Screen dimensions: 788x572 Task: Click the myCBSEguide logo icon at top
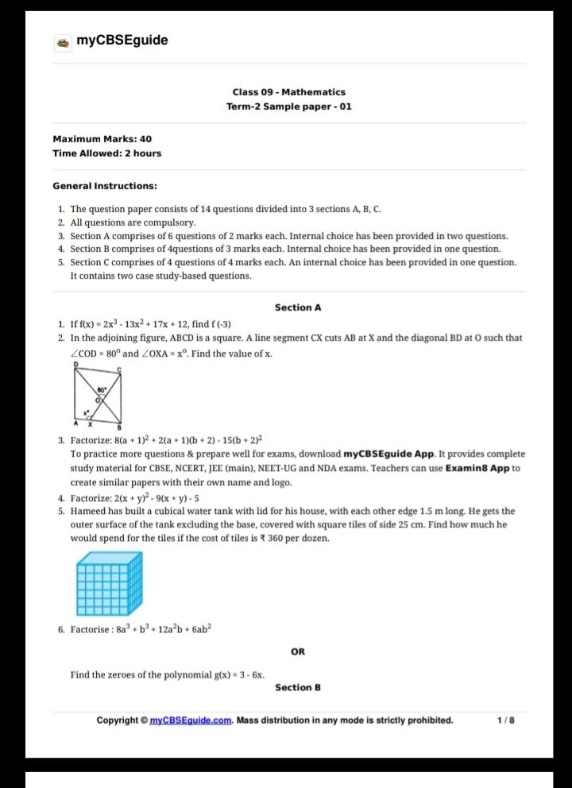point(62,41)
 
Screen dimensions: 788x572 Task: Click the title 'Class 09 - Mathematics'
point(288,92)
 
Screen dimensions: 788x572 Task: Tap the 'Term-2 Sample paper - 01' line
point(288,106)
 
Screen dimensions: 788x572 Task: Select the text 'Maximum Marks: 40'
point(102,139)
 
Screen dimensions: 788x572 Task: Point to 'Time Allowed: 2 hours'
point(106,153)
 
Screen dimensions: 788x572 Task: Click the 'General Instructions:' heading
point(104,186)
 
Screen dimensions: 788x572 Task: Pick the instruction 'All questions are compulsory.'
point(132,222)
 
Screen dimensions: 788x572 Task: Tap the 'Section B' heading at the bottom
point(297,688)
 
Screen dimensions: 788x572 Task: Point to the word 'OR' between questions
point(298,652)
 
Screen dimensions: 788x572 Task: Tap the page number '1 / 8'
point(505,721)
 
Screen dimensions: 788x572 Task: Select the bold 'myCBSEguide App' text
point(389,454)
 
